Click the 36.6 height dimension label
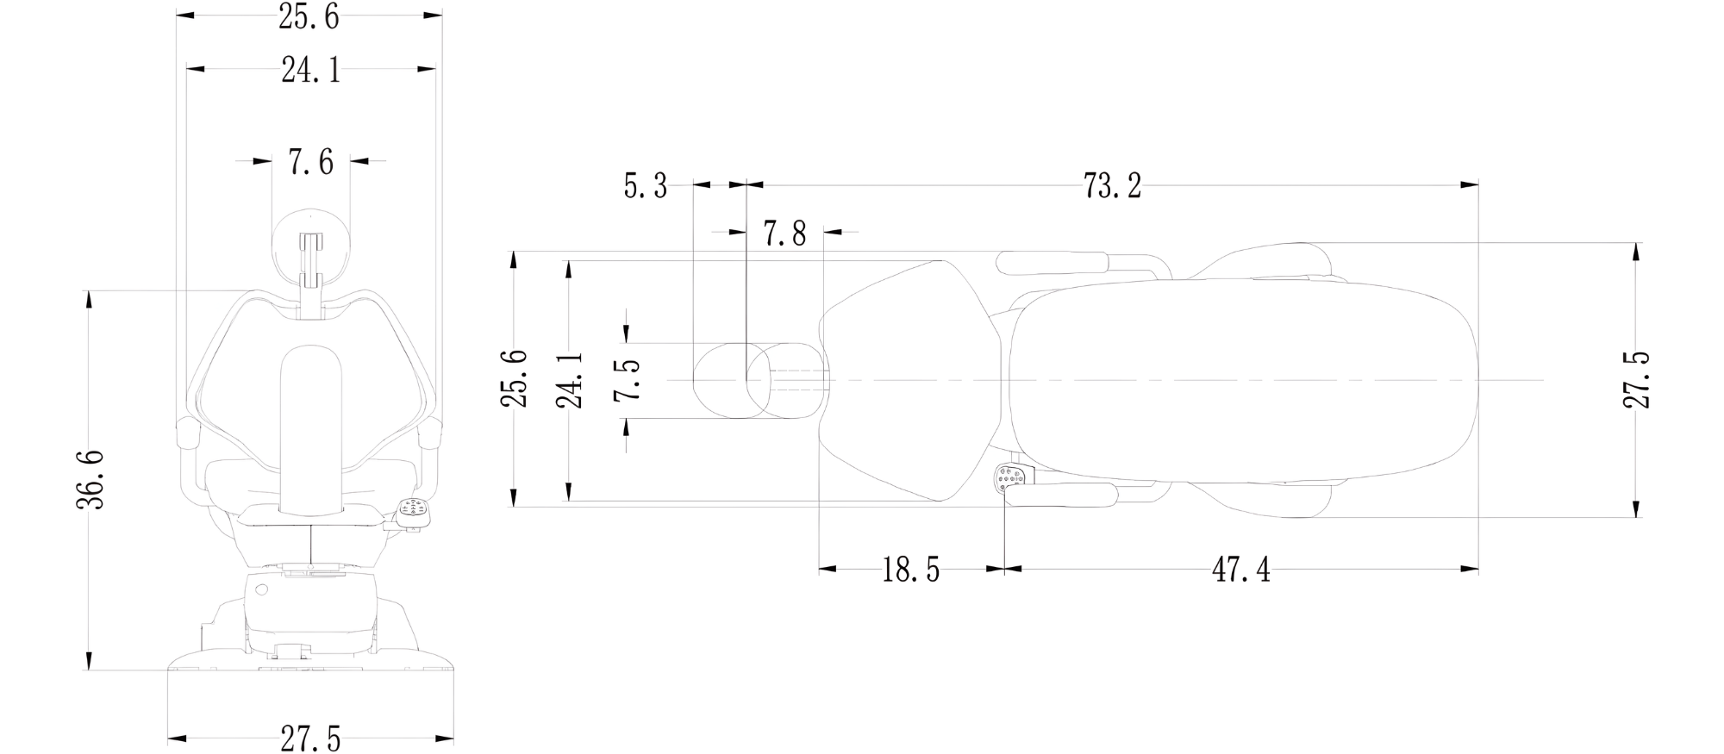[91, 479]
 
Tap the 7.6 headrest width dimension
[311, 162]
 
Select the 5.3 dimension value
[646, 185]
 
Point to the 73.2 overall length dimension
[1112, 185]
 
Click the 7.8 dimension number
[785, 233]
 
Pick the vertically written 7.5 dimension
[628, 379]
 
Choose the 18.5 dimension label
[910, 570]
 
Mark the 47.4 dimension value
[1241, 570]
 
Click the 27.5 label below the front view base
[311, 739]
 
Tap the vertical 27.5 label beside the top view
[1637, 379]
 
